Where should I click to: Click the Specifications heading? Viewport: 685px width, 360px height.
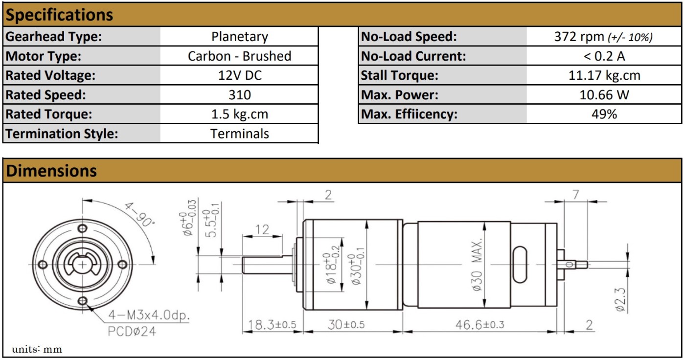pyautogui.click(x=59, y=15)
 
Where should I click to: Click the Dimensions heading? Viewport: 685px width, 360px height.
pyautogui.click(x=51, y=171)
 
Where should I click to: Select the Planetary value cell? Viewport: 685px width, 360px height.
pyautogui.click(x=239, y=37)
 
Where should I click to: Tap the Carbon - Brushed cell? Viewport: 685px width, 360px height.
pyautogui.click(x=239, y=56)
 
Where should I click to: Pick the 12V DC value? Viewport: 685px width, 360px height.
pyautogui.click(x=240, y=75)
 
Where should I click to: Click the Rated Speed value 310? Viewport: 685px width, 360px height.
pyautogui.click(x=240, y=95)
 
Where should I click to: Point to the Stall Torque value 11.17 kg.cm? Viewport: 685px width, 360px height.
pyautogui.click(x=604, y=75)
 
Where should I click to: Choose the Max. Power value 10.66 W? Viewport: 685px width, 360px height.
pyautogui.click(x=604, y=95)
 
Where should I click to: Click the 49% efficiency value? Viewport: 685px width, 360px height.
pyautogui.click(x=604, y=114)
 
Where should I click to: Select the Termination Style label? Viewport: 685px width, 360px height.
pyautogui.click(x=62, y=134)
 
